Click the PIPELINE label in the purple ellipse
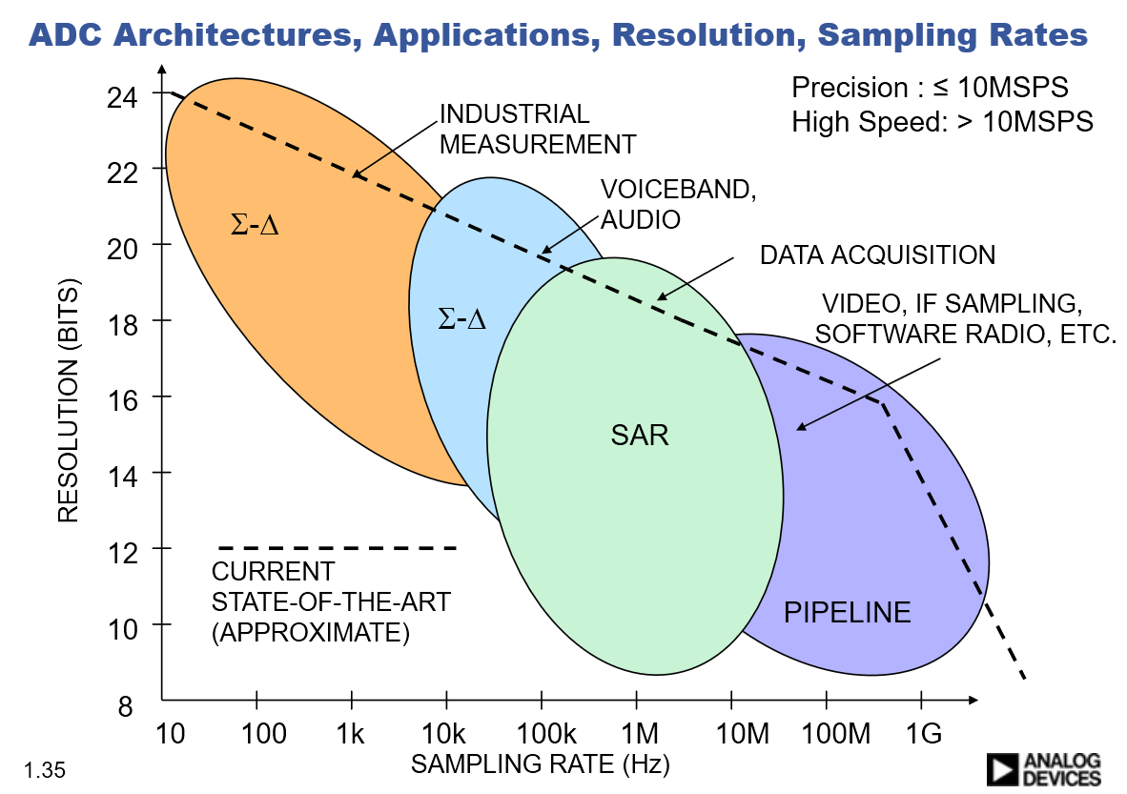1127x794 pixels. click(847, 612)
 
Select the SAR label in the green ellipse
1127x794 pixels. click(640, 436)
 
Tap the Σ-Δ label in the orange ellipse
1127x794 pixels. click(255, 227)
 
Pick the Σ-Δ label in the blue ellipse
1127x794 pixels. click(461, 319)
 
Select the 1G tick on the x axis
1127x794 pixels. click(921, 733)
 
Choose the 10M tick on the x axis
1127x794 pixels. click(731, 733)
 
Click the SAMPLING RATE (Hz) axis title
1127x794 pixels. click(540, 763)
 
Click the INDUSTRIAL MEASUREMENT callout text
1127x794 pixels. click(536, 130)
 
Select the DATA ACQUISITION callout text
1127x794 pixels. click(877, 255)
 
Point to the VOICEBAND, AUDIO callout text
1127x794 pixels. click(678, 204)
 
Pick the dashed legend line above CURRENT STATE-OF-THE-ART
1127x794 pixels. click(338, 548)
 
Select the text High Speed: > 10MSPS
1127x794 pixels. click(942, 122)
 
